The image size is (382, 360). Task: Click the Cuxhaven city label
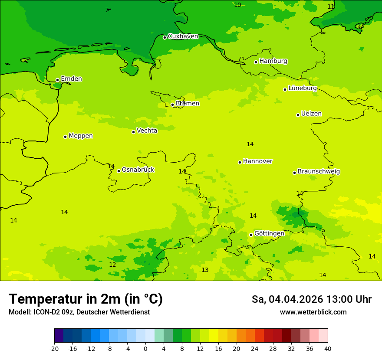[183, 36]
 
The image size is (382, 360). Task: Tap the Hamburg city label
[273, 61]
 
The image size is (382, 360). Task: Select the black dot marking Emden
[57, 80]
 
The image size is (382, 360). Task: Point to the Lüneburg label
[302, 88]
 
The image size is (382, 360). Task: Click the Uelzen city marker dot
[298, 115]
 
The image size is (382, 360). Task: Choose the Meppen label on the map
[80, 136]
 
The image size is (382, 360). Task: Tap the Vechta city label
[147, 131]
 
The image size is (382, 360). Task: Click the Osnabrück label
[138, 170]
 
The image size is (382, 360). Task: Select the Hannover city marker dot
[240, 162]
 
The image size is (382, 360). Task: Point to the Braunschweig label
[318, 172]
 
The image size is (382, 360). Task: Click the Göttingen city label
[269, 233]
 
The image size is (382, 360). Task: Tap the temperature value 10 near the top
[237, 5]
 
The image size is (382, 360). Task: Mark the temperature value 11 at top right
[331, 7]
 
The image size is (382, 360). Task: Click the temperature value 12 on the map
[112, 265]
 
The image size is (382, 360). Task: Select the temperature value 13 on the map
[205, 270]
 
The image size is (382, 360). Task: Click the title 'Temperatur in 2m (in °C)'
[86, 299]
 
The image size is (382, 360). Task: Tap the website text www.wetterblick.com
[313, 312]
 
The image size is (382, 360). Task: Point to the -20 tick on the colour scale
[54, 349]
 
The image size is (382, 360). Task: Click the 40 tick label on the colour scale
[327, 349]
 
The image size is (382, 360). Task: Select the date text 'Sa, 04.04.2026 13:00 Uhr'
[311, 299]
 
